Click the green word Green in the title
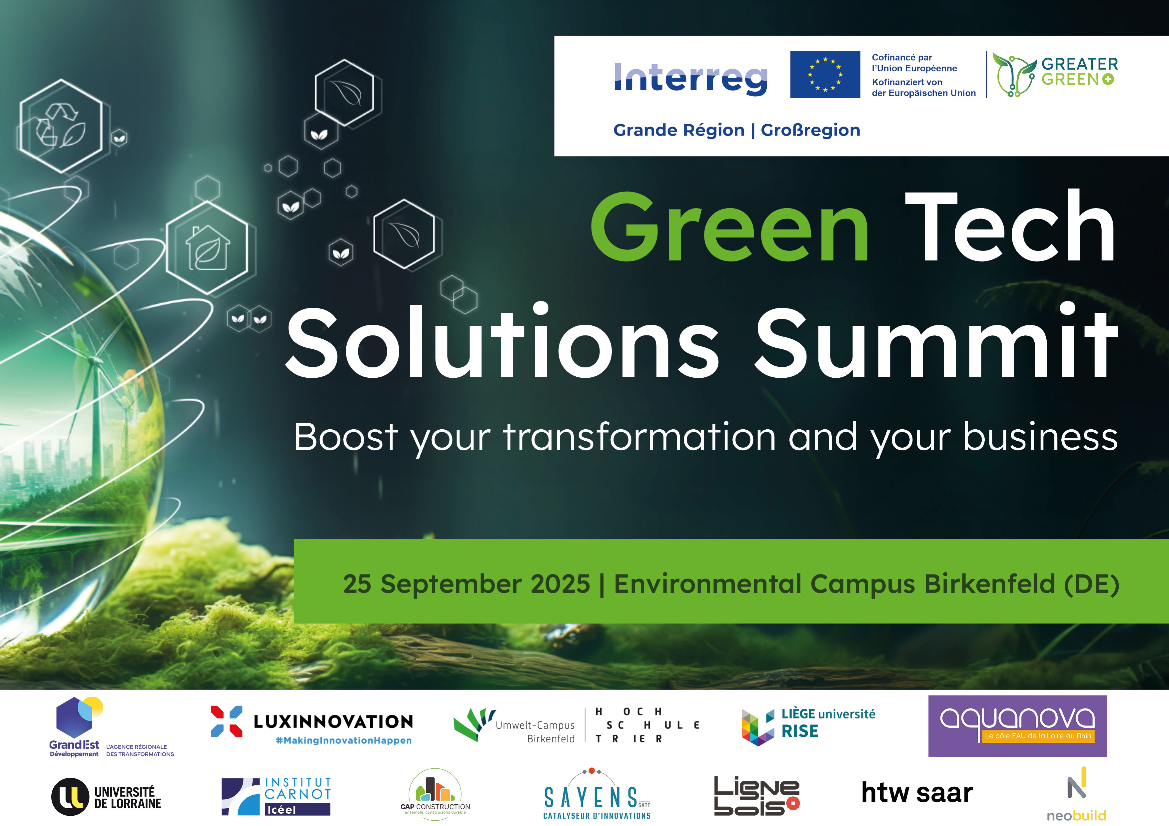tap(729, 227)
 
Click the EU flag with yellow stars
tap(825, 74)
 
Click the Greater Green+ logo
tap(1054, 74)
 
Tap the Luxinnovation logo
tap(312, 725)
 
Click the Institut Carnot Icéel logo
tap(276, 796)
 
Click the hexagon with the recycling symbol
tap(61, 125)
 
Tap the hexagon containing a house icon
tap(207, 247)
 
